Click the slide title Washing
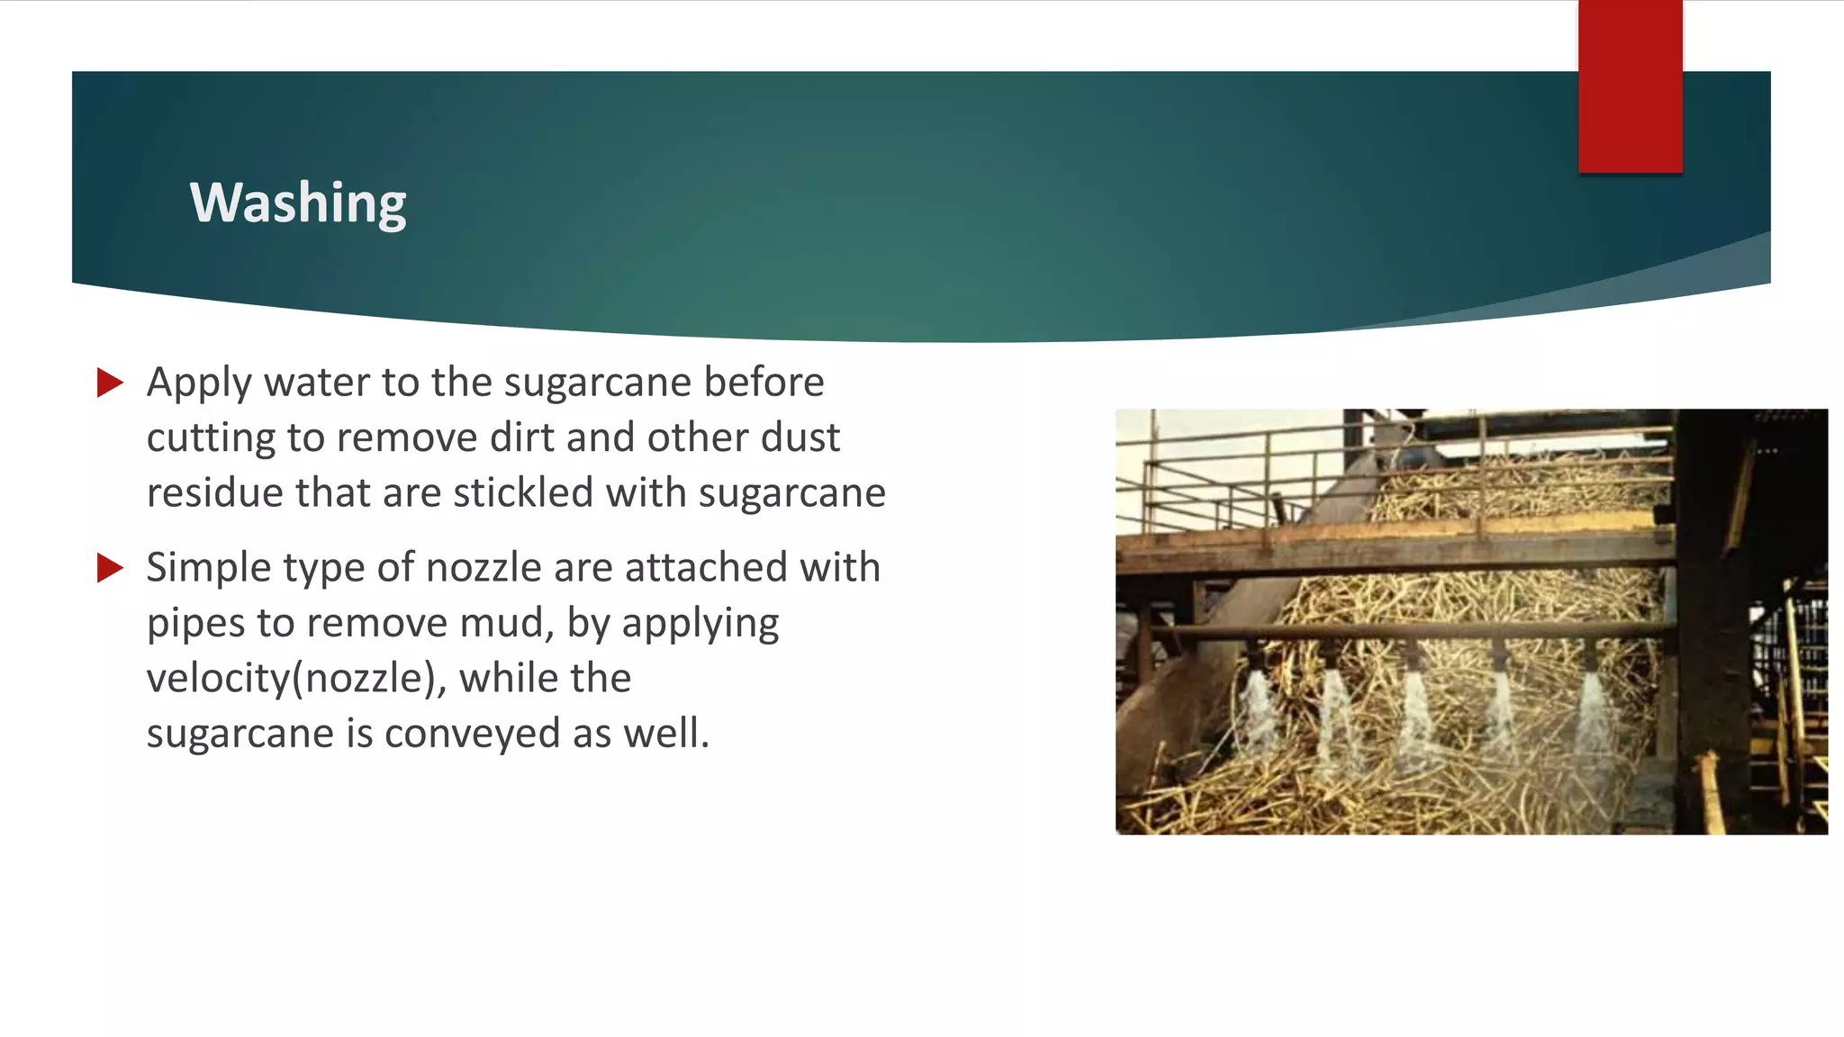[x=298, y=203]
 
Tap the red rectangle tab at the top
[x=1630, y=86]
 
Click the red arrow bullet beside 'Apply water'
[x=110, y=383]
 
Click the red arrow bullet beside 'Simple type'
[x=110, y=568]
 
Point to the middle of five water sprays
[x=1415, y=716]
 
